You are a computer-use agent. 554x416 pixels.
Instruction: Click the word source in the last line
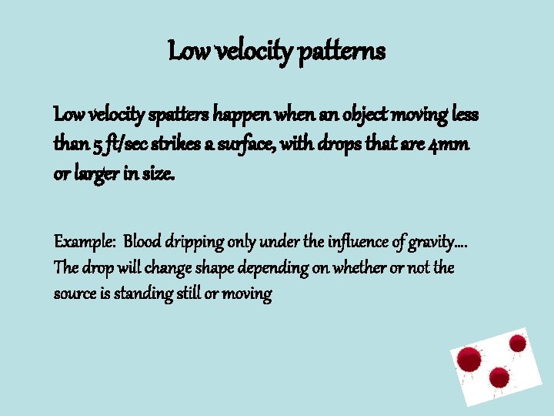click(x=74, y=294)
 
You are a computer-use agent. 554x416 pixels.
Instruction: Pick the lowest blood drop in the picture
click(x=499, y=377)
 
